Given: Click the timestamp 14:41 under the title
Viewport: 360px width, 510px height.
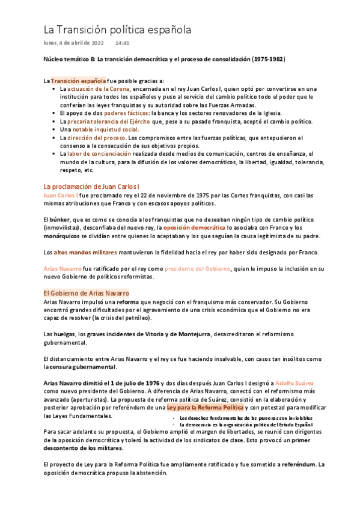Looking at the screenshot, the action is [x=123, y=43].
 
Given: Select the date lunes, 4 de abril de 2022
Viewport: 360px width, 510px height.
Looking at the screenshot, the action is [x=74, y=43].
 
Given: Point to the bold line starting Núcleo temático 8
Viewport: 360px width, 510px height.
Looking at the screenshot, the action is [x=164, y=60].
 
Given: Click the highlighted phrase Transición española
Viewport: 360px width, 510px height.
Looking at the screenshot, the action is [x=78, y=81].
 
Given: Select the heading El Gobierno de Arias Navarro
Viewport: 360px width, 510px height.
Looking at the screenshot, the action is [x=86, y=293].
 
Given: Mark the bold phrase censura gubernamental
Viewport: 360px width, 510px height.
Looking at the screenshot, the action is [x=84, y=366].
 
